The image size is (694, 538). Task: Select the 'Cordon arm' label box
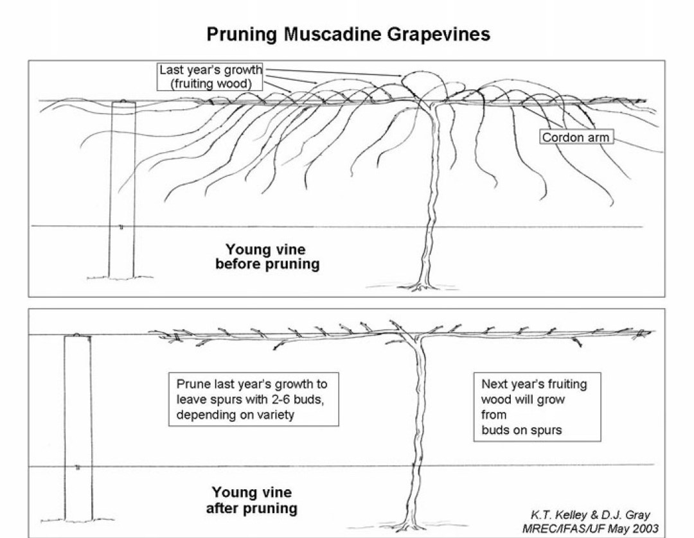click(x=574, y=137)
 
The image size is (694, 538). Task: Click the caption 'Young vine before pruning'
click(x=267, y=257)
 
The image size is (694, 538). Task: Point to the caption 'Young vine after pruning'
click(x=252, y=501)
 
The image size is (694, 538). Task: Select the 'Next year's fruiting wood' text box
click(x=537, y=407)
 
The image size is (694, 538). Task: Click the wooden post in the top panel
click(x=123, y=193)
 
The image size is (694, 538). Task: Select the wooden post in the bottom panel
click(x=77, y=430)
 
